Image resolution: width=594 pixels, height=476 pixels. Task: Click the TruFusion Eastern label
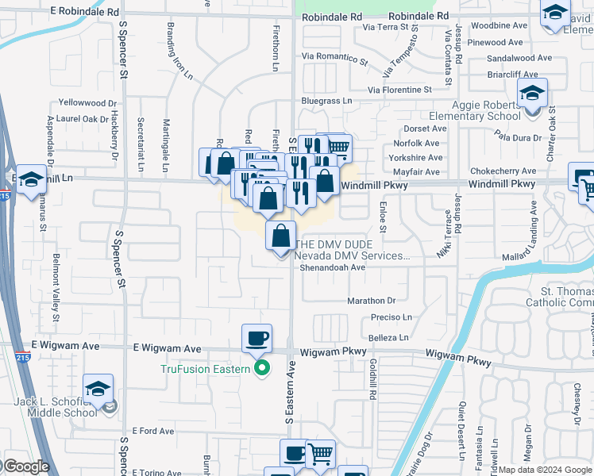click(205, 369)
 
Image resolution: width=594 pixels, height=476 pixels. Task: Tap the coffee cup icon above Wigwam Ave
click(256, 339)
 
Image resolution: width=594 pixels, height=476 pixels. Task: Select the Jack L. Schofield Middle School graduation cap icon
click(98, 389)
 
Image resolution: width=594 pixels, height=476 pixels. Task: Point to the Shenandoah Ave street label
click(332, 267)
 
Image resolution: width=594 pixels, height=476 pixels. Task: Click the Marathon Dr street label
click(371, 301)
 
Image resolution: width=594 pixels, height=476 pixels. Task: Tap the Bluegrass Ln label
click(326, 101)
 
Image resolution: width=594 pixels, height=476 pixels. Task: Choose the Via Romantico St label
click(335, 58)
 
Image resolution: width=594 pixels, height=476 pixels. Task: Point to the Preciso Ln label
click(391, 317)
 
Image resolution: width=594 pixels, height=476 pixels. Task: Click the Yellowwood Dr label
click(87, 103)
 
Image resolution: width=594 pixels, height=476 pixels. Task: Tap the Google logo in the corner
click(25, 466)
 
